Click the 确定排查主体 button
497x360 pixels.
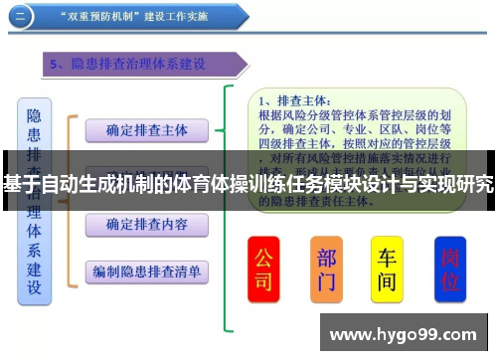coord(146,130)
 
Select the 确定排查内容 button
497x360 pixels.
coord(146,225)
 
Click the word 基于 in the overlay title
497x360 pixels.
coord(21,184)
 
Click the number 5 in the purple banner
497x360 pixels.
coord(56,65)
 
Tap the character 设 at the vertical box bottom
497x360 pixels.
coord(35,288)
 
